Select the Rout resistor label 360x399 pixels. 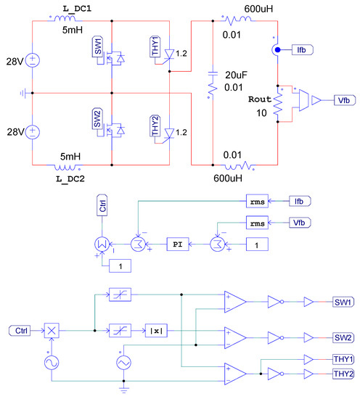click(x=259, y=99)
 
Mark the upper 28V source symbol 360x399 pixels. click(x=33, y=61)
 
